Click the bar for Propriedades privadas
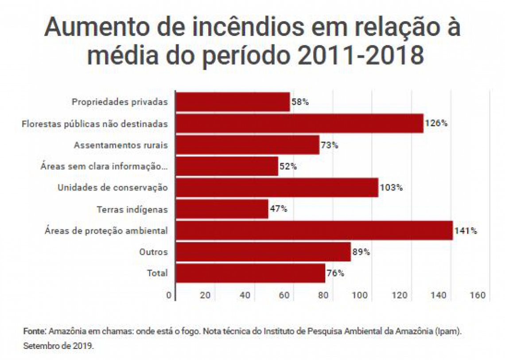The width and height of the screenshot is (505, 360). tap(233, 102)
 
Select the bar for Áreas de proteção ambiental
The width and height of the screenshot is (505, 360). tap(315, 231)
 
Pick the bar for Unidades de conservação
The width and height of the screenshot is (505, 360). tap(277, 188)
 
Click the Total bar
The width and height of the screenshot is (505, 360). tap(251, 273)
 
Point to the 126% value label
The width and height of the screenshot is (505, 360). tap(436, 123)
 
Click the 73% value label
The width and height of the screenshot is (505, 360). tap(330, 145)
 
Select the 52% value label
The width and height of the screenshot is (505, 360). tap(288, 166)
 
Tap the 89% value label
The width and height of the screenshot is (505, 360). tap(361, 252)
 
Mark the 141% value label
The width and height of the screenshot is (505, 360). tap(466, 231)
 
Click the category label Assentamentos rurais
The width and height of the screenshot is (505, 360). tap(121, 145)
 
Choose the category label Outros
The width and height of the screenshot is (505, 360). tap(153, 252)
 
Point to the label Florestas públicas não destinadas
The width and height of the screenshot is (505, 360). tap(95, 124)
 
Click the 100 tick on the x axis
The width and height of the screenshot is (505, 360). tap(360, 296)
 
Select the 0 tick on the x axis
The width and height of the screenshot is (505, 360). tap(169, 296)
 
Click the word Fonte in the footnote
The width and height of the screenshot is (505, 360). tap(34, 332)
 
